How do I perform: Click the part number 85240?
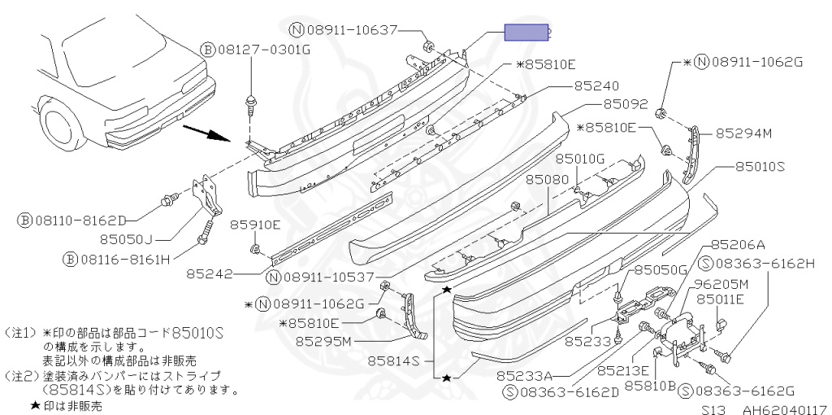[596, 85]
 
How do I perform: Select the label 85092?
[625, 104]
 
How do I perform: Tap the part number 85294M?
[743, 133]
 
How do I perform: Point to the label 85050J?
[126, 239]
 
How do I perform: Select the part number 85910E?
[254, 224]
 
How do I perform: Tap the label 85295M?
[323, 341]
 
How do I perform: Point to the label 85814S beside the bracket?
[394, 360]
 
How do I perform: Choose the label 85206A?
[738, 244]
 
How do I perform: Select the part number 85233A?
[524, 376]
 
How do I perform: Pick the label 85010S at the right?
[760, 166]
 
